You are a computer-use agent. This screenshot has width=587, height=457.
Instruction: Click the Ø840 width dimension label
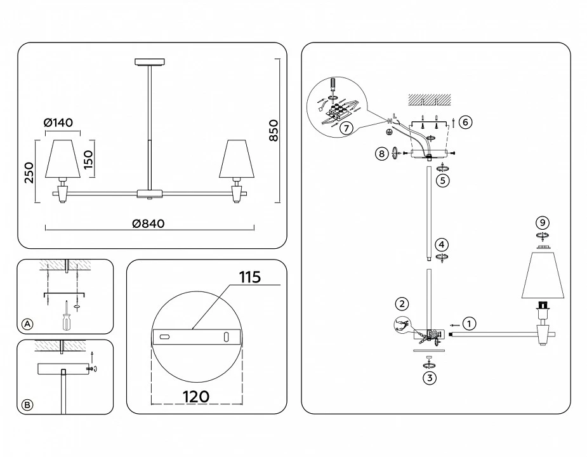click(x=148, y=223)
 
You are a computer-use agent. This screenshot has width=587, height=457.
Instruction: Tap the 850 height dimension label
click(x=274, y=130)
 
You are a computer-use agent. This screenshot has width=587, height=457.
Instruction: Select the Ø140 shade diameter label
click(x=58, y=123)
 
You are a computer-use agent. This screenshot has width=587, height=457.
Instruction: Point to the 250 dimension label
click(x=29, y=172)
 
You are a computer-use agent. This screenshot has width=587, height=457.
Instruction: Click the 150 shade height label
click(x=88, y=159)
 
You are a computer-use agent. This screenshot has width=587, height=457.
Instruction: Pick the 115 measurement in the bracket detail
click(x=249, y=277)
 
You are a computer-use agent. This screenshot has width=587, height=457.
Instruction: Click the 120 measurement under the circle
click(x=196, y=396)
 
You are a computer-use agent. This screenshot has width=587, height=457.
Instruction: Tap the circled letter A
click(x=27, y=324)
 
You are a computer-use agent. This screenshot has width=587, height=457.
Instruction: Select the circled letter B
click(x=27, y=405)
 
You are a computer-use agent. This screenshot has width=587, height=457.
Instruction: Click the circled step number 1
click(x=469, y=324)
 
